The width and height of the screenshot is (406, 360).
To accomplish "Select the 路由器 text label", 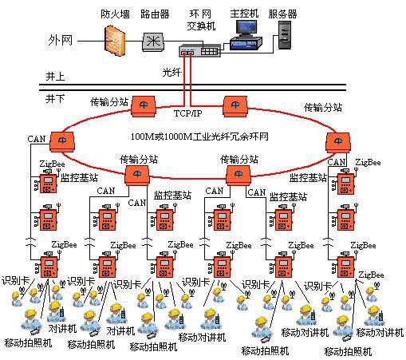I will coord(155,14).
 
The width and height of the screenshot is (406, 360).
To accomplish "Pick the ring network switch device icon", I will coord(199,52).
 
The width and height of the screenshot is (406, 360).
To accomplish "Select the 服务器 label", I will coord(283,14).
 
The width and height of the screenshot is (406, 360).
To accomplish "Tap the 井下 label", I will coord(54,98).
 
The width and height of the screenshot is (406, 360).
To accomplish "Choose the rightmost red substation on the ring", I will coord(337,141).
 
